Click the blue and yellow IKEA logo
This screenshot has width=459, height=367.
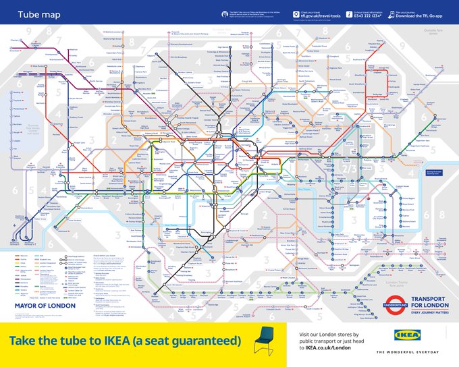408,335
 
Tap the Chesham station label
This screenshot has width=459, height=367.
15,40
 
